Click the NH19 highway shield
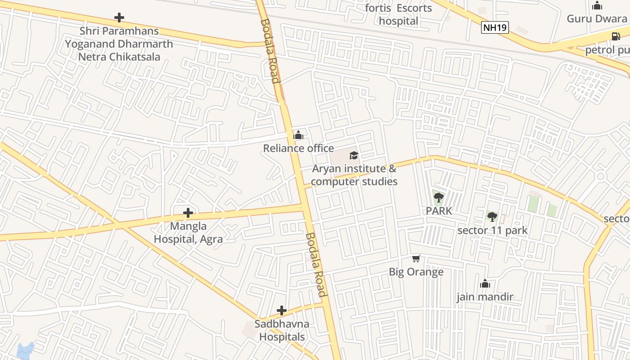[x=495, y=27]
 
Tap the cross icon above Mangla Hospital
[x=188, y=213]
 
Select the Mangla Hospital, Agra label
[x=188, y=233]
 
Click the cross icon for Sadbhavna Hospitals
[x=282, y=310]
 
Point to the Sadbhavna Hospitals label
[x=282, y=330]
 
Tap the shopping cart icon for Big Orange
[x=416, y=259]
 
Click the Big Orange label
[x=416, y=272]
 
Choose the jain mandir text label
[x=485, y=297]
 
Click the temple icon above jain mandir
[x=485, y=283]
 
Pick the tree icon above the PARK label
[x=439, y=197]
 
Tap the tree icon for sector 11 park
[x=492, y=217]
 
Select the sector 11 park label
[x=492, y=230]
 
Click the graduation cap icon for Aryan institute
[x=354, y=156]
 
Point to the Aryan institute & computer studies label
[x=354, y=175]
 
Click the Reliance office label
[x=298, y=148]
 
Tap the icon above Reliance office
[x=298, y=135]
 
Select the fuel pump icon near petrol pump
[x=616, y=36]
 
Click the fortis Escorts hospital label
[x=398, y=14]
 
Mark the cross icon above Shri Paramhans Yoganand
[x=119, y=18]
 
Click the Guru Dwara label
[x=597, y=19]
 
